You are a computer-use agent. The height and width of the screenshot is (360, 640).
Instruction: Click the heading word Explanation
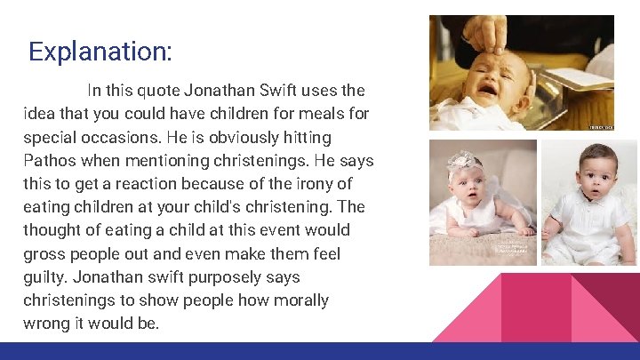click(100, 51)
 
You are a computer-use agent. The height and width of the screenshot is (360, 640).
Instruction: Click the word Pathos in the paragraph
click(52, 161)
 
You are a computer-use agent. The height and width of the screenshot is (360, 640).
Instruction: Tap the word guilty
click(46, 276)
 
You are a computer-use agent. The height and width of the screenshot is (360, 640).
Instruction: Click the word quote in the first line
click(162, 91)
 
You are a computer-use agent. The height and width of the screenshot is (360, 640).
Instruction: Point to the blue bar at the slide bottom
click(320, 351)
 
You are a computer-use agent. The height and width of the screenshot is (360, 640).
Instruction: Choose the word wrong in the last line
click(47, 323)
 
